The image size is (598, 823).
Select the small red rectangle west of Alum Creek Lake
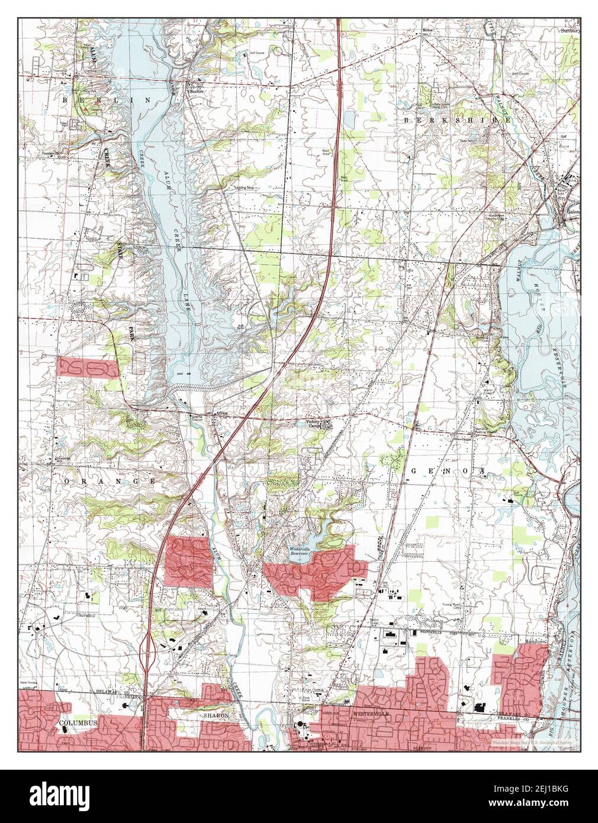click(x=87, y=367)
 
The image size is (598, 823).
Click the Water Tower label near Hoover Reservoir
click(x=489, y=391)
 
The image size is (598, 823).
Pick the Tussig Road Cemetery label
click(x=452, y=605)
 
